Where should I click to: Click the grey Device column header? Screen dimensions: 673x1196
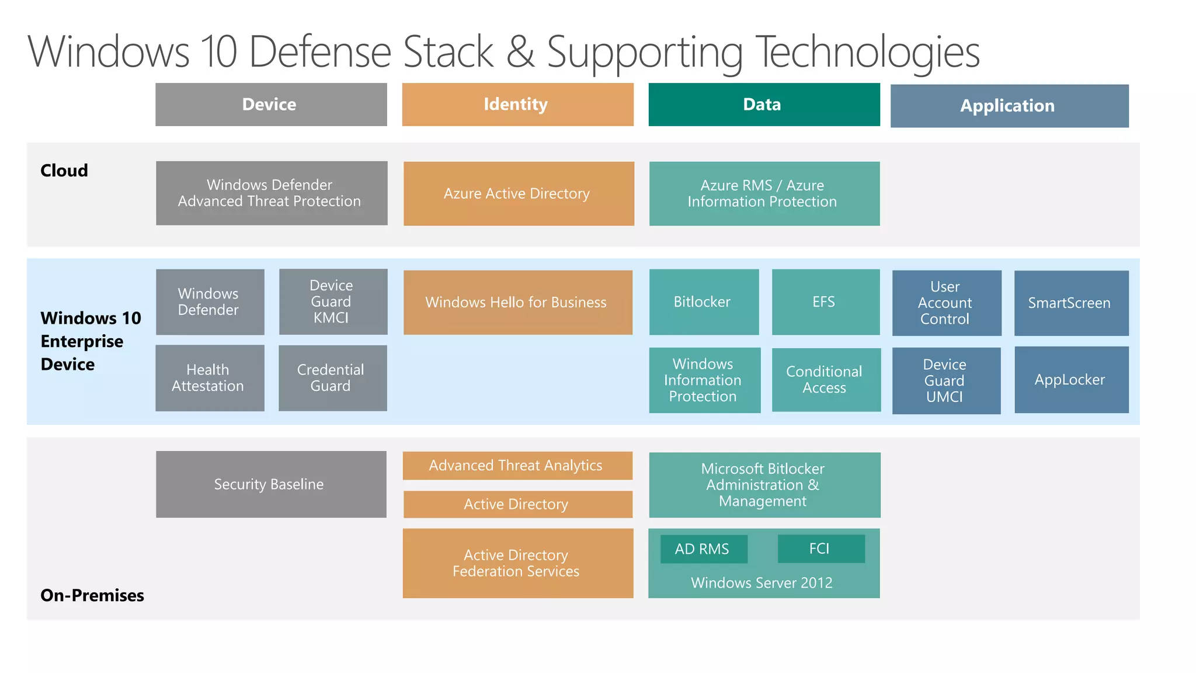[271, 105]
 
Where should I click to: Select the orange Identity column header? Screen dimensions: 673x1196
[517, 105]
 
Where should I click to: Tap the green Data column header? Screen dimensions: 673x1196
[764, 105]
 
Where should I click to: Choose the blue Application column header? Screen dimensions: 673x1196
[1009, 106]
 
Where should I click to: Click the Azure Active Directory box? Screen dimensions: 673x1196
[519, 193]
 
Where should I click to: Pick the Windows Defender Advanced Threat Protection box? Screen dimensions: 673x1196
[272, 193]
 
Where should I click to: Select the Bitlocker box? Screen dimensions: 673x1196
[704, 302]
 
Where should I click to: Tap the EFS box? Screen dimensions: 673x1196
[825, 302]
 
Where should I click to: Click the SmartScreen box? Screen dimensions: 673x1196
[1071, 303]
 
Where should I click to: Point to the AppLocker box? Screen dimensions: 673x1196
[1071, 380]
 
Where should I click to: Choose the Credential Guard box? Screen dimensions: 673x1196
[332, 378]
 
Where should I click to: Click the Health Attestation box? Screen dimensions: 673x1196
[210, 378]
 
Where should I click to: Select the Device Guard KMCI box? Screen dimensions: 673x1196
[333, 301]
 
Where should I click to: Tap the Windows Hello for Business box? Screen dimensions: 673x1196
[517, 302]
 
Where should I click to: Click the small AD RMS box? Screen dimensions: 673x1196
[703, 549]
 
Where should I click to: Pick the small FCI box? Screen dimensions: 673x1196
[820, 549]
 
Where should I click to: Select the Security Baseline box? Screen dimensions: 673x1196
[271, 484]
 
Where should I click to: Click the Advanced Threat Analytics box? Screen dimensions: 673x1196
[517, 466]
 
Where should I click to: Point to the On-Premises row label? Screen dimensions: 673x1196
[92, 595]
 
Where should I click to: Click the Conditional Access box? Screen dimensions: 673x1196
[826, 380]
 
